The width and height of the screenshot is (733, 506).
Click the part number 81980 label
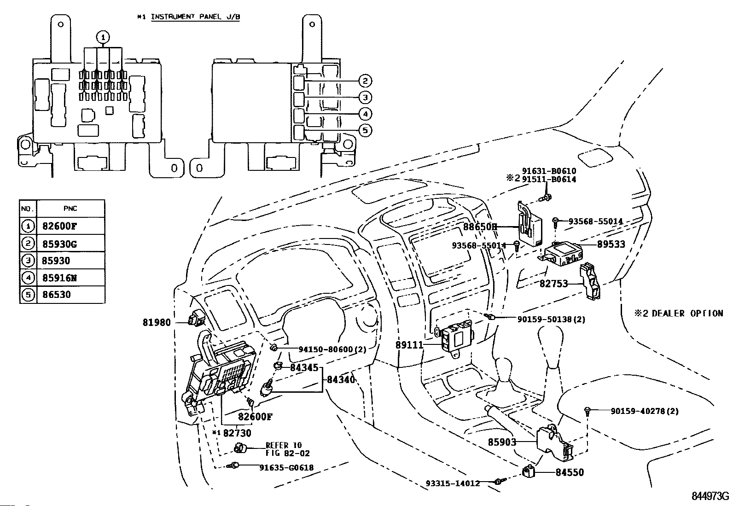pyautogui.click(x=157, y=323)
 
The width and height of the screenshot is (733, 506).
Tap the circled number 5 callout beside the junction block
pyautogui.click(x=365, y=131)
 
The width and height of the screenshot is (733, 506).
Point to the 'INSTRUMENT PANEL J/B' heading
pyautogui.click(x=195, y=17)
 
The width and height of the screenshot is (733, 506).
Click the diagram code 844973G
pyautogui.click(x=710, y=496)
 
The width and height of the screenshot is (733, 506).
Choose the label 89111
pyautogui.click(x=409, y=345)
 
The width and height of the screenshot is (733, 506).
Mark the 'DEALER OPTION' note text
pyautogui.click(x=687, y=313)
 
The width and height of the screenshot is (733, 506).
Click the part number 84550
pyautogui.click(x=570, y=472)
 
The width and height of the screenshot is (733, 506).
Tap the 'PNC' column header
pyautogui.click(x=70, y=209)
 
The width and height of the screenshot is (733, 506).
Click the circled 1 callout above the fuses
pyautogui.click(x=103, y=37)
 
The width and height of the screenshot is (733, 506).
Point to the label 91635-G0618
pyautogui.click(x=286, y=468)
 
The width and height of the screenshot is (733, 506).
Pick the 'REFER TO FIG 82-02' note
pyautogui.click(x=288, y=449)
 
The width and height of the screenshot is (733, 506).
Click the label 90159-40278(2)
pyautogui.click(x=645, y=411)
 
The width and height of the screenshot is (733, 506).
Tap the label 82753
pyautogui.click(x=554, y=284)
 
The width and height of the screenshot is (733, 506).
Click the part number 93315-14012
pyautogui.click(x=453, y=483)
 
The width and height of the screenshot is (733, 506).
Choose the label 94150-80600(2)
pyautogui.click(x=332, y=349)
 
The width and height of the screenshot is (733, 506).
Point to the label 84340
pyautogui.click(x=341, y=379)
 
